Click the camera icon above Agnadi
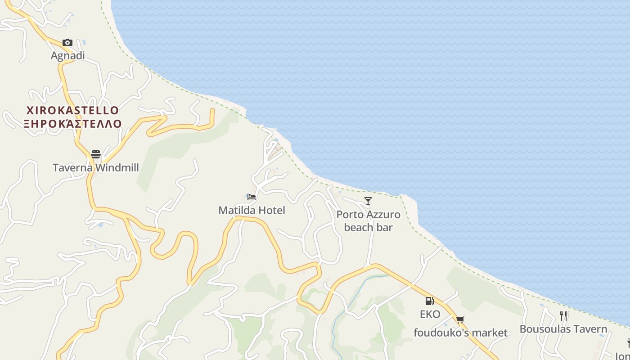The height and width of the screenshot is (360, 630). pyautogui.click(x=67, y=43)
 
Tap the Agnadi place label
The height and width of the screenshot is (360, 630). pyautogui.click(x=67, y=56)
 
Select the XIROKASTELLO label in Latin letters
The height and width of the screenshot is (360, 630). pyautogui.click(x=72, y=111)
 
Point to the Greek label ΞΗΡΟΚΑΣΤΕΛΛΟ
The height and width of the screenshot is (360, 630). pyautogui.click(x=72, y=124)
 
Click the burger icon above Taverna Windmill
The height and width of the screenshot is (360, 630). pyautogui.click(x=96, y=154)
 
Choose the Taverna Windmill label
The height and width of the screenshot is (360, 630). pyautogui.click(x=96, y=168)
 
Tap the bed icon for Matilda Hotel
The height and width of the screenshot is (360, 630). pyautogui.click(x=252, y=197)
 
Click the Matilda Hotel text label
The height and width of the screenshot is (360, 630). pyautogui.click(x=252, y=210)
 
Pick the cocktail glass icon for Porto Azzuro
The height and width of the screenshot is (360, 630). pyautogui.click(x=368, y=201)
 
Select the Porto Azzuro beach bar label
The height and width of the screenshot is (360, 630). pyautogui.click(x=368, y=221)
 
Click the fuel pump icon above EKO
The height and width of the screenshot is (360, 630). pyautogui.click(x=430, y=301)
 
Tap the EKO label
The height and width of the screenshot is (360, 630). pyautogui.click(x=430, y=314)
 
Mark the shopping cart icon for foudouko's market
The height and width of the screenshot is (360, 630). pyautogui.click(x=460, y=320)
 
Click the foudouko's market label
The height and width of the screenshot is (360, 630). pyautogui.click(x=460, y=333)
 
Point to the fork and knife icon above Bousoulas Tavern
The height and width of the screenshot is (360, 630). pyautogui.click(x=563, y=315)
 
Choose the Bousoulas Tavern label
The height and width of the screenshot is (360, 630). pyautogui.click(x=563, y=329)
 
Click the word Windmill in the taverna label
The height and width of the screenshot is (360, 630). pyautogui.click(x=117, y=168)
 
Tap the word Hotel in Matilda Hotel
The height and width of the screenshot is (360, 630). pyautogui.click(x=271, y=210)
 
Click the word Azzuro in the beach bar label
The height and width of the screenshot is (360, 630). pyautogui.click(x=383, y=215)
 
